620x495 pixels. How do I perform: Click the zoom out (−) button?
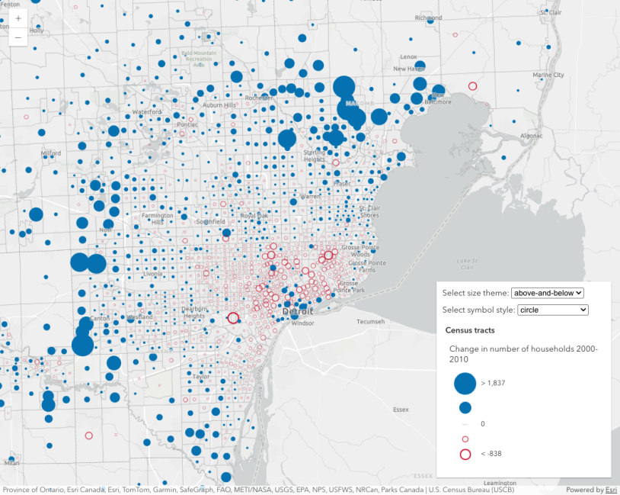(x=18, y=37)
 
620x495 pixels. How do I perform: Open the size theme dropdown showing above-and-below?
(x=547, y=293)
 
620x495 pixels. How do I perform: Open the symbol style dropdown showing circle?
(x=553, y=310)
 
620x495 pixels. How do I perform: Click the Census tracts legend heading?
(x=470, y=330)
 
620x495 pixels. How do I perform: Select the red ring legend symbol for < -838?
(x=465, y=455)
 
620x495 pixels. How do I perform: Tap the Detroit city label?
(x=297, y=313)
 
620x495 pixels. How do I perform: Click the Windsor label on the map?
(x=302, y=323)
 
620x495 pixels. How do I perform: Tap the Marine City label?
(x=548, y=75)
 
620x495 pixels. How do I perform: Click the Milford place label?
(x=51, y=153)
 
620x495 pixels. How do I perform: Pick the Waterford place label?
(x=147, y=112)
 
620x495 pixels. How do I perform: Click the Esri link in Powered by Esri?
(x=610, y=490)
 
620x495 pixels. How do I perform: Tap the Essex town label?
(x=401, y=409)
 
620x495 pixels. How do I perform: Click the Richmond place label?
(x=428, y=18)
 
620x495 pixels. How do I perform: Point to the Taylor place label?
(x=201, y=376)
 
